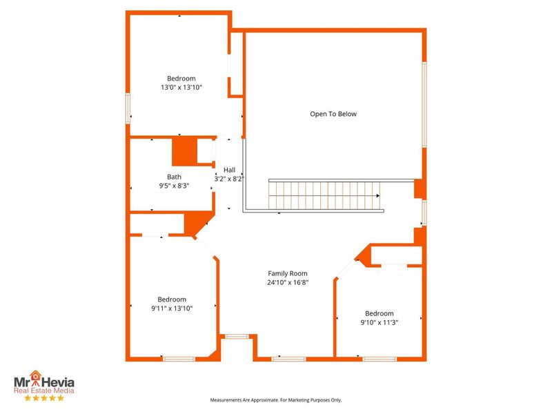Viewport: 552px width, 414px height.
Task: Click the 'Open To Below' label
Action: pyautogui.click(x=333, y=114)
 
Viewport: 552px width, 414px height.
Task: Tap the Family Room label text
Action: pyautogui.click(x=288, y=273)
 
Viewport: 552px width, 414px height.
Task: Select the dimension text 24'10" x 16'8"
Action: pyautogui.click(x=288, y=282)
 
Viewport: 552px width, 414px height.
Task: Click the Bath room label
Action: pyautogui.click(x=174, y=177)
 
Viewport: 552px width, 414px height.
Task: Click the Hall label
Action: pyautogui.click(x=229, y=170)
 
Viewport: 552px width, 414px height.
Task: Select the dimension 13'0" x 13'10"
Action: pyautogui.click(x=181, y=88)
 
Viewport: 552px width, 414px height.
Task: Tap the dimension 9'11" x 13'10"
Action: pyautogui.click(x=172, y=308)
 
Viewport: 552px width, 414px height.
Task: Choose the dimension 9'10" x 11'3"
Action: pyautogui.click(x=379, y=322)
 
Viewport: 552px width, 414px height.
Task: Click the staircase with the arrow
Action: pyautogui.click(x=324, y=195)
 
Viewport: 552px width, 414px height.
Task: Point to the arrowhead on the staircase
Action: pyautogui.click(x=378, y=196)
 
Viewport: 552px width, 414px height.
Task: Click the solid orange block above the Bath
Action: pyautogui.click(x=184, y=151)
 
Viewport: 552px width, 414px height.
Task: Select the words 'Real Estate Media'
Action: pyautogui.click(x=45, y=391)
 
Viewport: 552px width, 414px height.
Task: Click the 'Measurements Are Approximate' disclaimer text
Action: pyautogui.click(x=276, y=400)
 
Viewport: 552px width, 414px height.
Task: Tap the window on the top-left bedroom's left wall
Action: pyautogui.click(x=128, y=109)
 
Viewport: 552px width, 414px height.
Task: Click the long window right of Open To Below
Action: pyautogui.click(x=424, y=103)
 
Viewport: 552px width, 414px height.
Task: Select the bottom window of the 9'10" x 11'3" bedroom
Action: pyautogui.click(x=379, y=359)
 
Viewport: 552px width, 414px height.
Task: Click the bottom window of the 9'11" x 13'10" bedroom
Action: pyautogui.click(x=179, y=359)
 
